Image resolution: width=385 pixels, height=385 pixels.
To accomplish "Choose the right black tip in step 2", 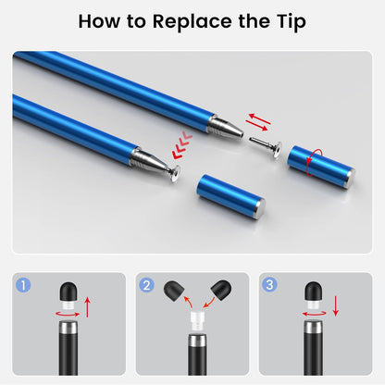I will (x=218, y=292).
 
